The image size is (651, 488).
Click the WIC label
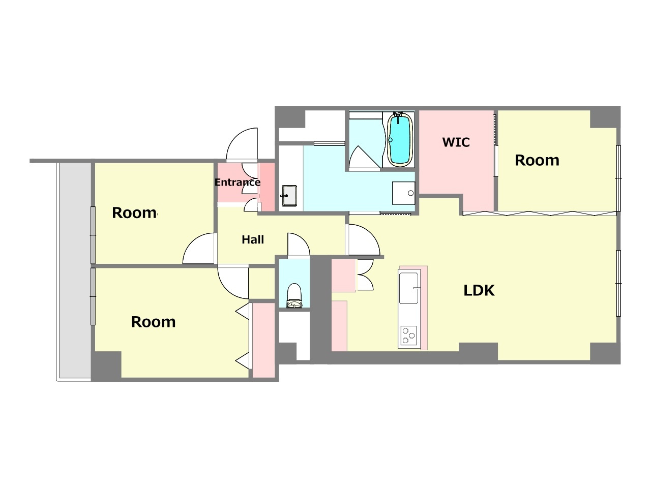click(456, 142)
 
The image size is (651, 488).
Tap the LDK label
click(479, 290)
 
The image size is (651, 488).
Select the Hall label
click(253, 239)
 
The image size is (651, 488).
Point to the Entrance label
click(238, 182)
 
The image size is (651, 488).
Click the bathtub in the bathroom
click(400, 140)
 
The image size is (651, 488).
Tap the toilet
click(294, 295)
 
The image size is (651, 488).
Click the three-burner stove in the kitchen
click(408, 335)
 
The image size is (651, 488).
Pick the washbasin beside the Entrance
click(289, 196)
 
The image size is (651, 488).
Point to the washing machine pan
click(403, 193)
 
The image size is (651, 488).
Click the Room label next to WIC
click(537, 160)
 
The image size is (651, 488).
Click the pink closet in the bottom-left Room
click(263, 340)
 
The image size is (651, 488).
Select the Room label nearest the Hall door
click(134, 213)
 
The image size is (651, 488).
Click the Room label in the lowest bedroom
click(153, 322)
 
